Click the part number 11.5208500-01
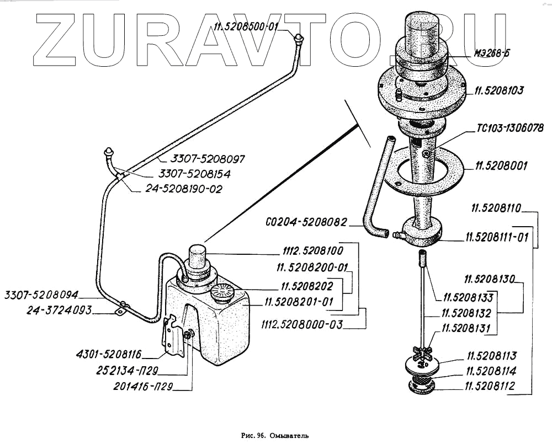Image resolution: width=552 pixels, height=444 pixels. point(247,26)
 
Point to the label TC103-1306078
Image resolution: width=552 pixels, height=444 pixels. point(510,130)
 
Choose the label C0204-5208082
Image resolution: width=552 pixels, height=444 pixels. point(305,223)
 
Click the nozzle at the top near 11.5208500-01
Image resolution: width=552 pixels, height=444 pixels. point(299,39)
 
